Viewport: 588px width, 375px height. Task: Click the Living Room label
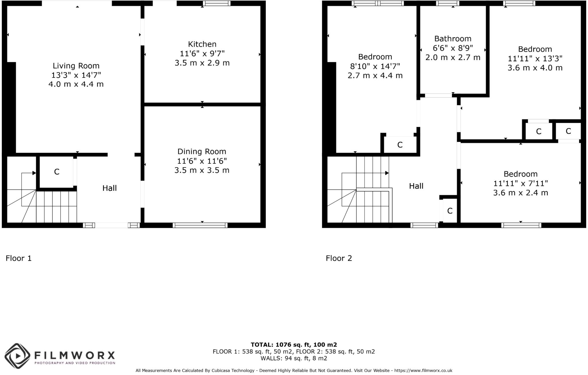[76, 66]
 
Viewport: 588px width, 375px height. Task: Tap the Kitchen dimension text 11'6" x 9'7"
[202, 53]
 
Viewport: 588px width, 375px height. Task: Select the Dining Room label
[202, 151]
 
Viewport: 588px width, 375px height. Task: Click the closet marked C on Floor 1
[57, 172]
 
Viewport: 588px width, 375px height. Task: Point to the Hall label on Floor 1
[109, 188]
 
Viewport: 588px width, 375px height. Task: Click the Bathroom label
[453, 38]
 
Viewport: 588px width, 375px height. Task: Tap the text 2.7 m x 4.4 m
[375, 76]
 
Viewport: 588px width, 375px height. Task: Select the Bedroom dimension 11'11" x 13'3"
[535, 59]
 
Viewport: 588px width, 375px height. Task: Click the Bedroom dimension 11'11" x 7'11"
[521, 183]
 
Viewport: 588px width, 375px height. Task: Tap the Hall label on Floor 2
[416, 186]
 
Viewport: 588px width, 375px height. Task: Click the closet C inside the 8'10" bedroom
[400, 145]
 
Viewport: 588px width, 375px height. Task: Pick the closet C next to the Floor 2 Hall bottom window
[450, 211]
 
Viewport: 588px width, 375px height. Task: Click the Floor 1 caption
[19, 258]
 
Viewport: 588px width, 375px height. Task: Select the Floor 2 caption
[339, 258]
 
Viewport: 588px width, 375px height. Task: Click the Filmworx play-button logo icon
[18, 356]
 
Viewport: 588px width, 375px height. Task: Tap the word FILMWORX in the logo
[75, 355]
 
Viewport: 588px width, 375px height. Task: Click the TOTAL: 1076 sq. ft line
[294, 345]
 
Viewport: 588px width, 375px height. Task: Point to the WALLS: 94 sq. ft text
[294, 358]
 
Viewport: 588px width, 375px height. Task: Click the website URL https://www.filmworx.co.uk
[423, 371]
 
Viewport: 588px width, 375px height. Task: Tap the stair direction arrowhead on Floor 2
[387, 173]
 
